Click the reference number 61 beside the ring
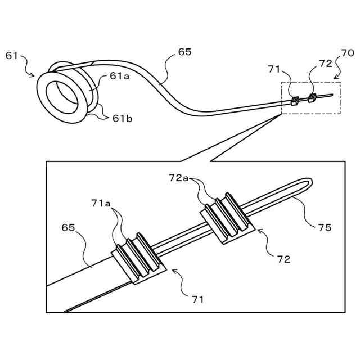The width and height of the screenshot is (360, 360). (x=12, y=55)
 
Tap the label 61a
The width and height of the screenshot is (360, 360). (x=119, y=77)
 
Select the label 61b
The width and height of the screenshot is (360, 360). (x=123, y=118)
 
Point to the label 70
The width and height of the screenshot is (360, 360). (x=348, y=53)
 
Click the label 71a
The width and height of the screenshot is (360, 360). (x=102, y=202)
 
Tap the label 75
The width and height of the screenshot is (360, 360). (x=325, y=227)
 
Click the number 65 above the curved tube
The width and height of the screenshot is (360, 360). (x=184, y=52)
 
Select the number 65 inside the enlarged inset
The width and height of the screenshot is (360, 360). (x=68, y=228)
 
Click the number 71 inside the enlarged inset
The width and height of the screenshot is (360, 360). (x=197, y=299)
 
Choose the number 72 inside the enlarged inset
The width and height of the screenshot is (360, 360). (x=283, y=259)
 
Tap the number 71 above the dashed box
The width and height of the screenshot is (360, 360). (x=274, y=69)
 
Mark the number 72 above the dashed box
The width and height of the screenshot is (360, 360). (x=326, y=64)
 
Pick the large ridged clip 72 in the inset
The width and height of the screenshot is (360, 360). (x=227, y=218)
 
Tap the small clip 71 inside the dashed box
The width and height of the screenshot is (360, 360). (x=294, y=101)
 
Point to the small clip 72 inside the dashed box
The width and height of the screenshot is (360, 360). (x=312, y=98)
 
